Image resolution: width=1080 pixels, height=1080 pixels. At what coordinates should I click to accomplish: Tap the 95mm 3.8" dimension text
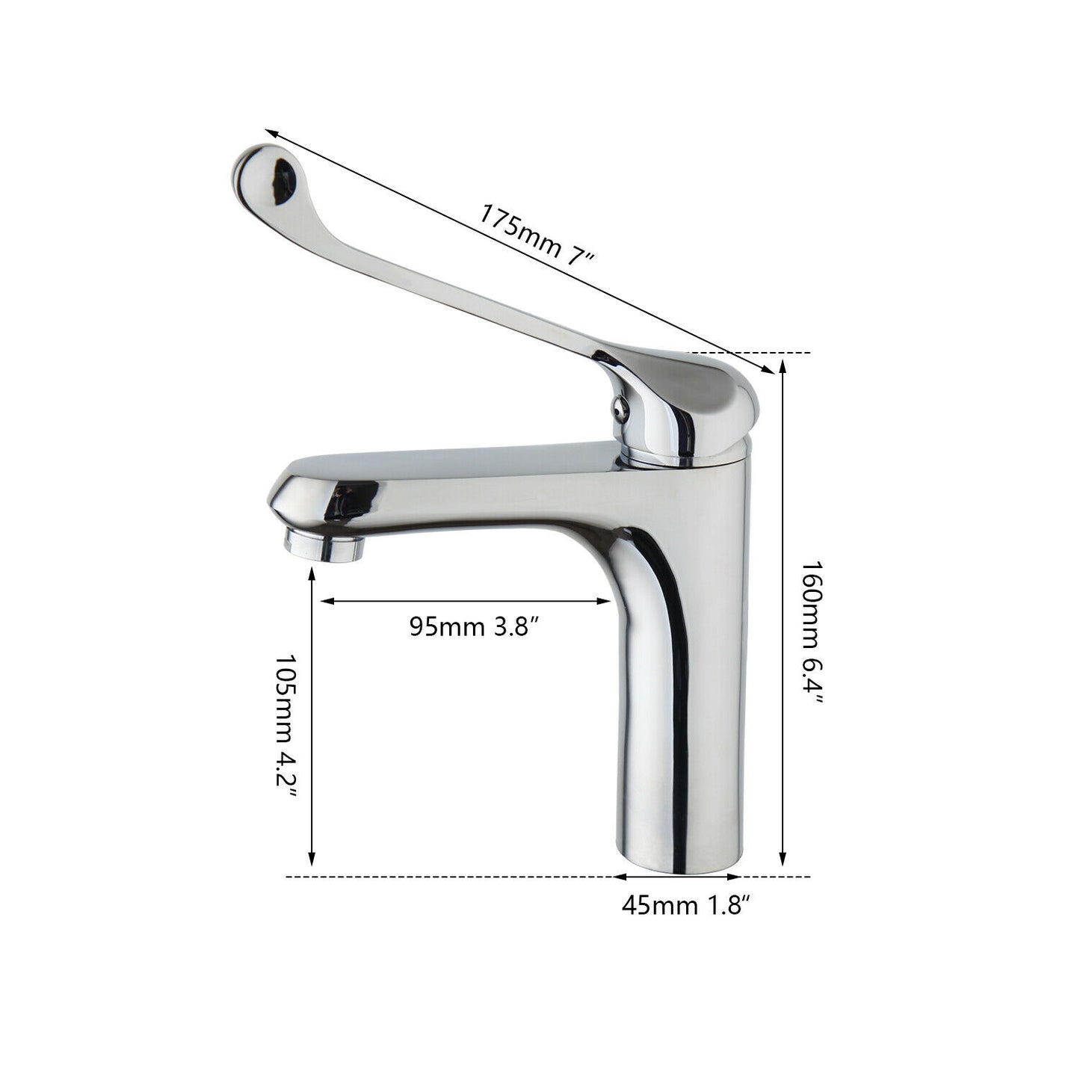point(475,626)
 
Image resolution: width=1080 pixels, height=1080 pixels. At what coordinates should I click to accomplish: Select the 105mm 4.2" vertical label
point(286,735)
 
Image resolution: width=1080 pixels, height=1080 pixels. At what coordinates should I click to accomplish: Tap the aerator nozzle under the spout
point(324,546)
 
